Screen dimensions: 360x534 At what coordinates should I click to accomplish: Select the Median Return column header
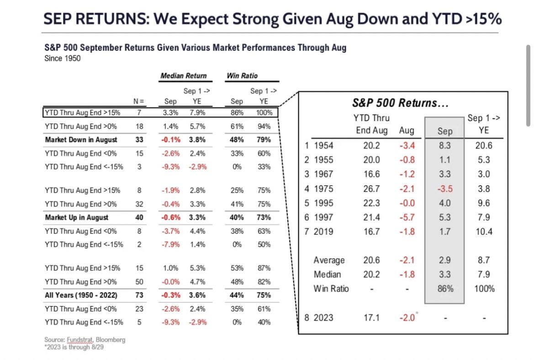(x=183, y=75)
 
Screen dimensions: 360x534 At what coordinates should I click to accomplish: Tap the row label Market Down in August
(x=81, y=140)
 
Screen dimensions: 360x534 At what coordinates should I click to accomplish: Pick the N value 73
(x=139, y=295)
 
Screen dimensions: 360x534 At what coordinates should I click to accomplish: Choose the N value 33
(x=139, y=140)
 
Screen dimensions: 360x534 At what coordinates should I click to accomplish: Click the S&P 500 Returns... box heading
(x=400, y=103)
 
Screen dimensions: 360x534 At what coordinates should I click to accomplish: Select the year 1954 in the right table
(x=323, y=146)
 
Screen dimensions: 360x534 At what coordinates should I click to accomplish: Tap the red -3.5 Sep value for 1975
(x=444, y=189)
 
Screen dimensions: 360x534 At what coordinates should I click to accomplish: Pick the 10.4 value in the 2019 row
(x=484, y=232)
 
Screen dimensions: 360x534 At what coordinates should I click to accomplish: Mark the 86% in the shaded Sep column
(x=444, y=289)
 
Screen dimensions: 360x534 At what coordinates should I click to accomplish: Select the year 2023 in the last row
(x=323, y=318)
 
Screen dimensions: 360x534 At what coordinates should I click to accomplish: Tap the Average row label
(x=329, y=260)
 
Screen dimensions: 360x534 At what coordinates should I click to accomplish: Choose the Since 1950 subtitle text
(x=62, y=58)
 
